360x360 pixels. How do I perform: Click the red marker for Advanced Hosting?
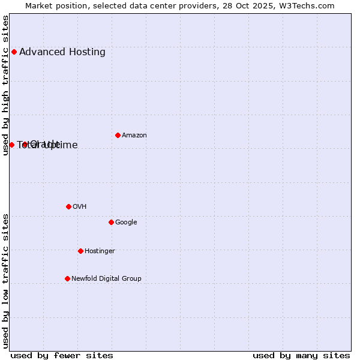tap(14, 52)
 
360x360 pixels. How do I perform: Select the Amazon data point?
tap(118, 135)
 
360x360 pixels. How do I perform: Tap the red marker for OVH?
tap(68, 206)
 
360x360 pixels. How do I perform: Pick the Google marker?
tap(111, 222)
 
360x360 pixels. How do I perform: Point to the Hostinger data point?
tap(80, 251)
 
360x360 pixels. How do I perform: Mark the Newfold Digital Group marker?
tap(67, 278)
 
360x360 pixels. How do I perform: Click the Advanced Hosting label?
tap(62, 52)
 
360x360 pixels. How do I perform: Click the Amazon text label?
tap(134, 135)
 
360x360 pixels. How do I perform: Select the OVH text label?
tap(80, 206)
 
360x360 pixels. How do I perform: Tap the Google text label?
tap(126, 222)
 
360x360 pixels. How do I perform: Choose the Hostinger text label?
tap(100, 251)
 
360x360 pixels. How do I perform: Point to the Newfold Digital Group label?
tap(106, 278)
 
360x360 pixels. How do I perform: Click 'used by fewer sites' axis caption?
tap(62, 355)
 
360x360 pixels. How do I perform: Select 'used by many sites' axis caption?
tap(301, 355)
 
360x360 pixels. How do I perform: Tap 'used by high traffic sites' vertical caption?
tap(5, 85)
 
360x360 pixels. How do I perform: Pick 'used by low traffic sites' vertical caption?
tap(5, 281)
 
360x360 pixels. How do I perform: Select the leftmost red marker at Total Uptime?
tap(11, 145)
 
